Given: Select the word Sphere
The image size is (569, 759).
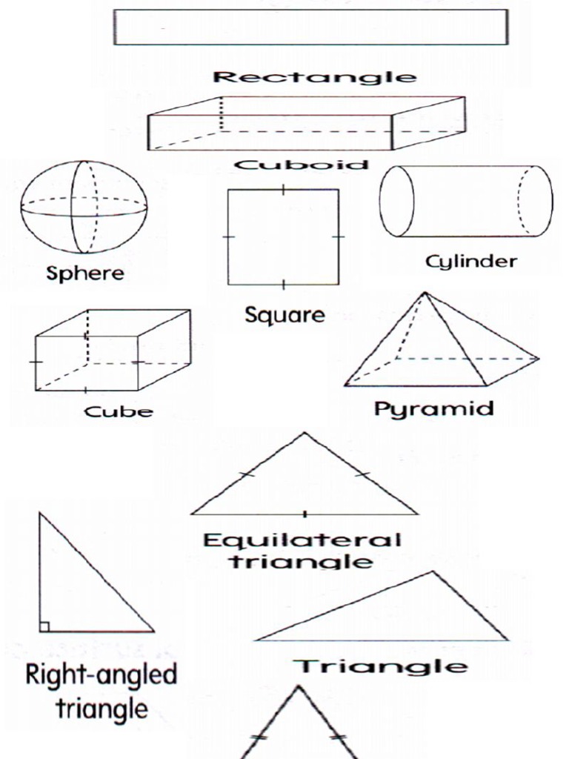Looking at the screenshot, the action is [x=85, y=273].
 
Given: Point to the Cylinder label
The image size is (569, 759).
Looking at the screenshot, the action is [x=470, y=261].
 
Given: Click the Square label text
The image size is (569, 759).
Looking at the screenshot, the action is [x=284, y=315].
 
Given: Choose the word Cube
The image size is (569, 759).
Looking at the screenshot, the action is [x=118, y=411].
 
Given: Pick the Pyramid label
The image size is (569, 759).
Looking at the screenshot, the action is [x=433, y=408].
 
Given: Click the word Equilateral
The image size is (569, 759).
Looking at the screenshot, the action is [x=302, y=540].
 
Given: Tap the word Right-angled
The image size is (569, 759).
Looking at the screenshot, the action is [x=102, y=675].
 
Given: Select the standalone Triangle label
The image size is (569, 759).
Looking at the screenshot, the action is [x=382, y=666].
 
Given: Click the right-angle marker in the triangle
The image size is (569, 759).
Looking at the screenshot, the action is [x=44, y=626].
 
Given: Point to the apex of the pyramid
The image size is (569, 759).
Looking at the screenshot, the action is [x=425, y=294].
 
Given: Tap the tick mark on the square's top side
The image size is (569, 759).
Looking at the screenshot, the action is [x=284, y=190].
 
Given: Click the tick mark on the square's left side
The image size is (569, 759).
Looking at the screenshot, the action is [x=228, y=236].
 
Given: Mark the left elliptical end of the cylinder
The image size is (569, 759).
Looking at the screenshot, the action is [x=396, y=201].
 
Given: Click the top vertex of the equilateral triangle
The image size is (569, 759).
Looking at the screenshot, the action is [x=303, y=434].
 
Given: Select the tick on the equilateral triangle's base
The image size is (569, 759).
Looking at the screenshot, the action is [x=305, y=512].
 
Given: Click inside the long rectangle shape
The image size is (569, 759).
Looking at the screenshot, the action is [x=310, y=27].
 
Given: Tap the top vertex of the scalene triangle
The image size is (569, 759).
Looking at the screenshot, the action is [x=433, y=571].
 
